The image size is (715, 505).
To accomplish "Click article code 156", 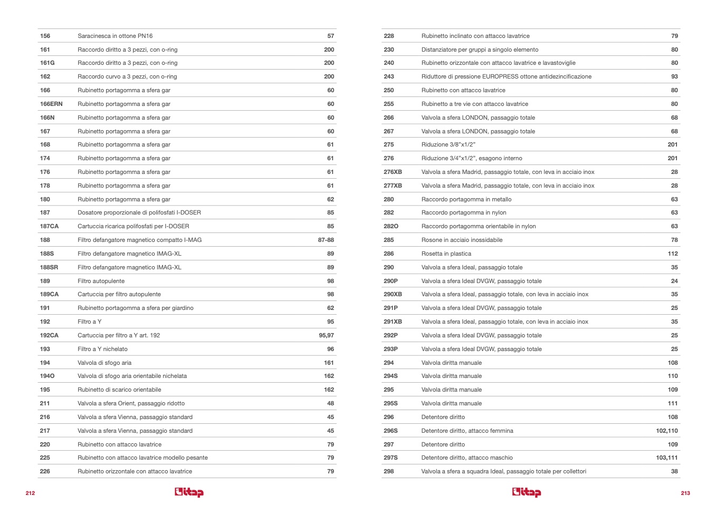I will [45, 36].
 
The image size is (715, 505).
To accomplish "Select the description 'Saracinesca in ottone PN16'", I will [115, 36].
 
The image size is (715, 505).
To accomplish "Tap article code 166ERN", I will [51, 104].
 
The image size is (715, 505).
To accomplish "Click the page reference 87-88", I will [326, 240].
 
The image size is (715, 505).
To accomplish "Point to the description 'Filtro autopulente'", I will [101, 281].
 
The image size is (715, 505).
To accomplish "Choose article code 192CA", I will [49, 335].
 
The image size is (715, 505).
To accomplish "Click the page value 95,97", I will [326, 335].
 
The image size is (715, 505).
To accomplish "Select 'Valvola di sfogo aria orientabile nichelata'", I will [132, 376].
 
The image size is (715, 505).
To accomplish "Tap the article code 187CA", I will [49, 226].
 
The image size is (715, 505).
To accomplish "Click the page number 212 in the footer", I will [30, 493].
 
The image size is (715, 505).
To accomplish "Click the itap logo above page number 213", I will [526, 492].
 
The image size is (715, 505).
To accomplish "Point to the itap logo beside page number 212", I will [189, 492].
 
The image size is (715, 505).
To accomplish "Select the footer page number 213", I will [685, 493].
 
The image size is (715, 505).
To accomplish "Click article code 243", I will [389, 76].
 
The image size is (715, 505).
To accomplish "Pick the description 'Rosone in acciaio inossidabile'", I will [462, 240].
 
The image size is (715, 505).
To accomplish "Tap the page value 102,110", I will [666, 431].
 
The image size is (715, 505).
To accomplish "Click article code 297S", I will [390, 458].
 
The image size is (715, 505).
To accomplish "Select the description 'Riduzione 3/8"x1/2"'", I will [448, 144].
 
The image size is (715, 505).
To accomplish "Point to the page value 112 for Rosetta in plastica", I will [672, 254].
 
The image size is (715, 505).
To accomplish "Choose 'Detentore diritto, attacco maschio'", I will [466, 458].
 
